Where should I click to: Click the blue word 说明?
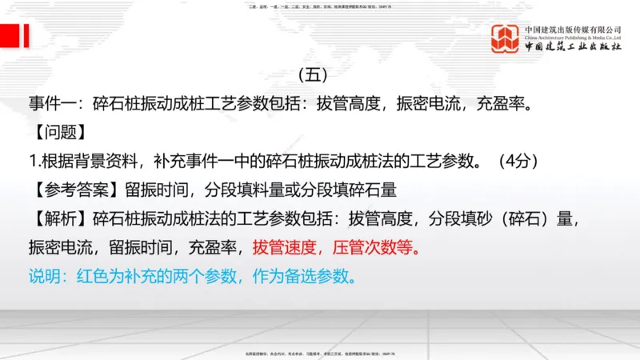[46, 277]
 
